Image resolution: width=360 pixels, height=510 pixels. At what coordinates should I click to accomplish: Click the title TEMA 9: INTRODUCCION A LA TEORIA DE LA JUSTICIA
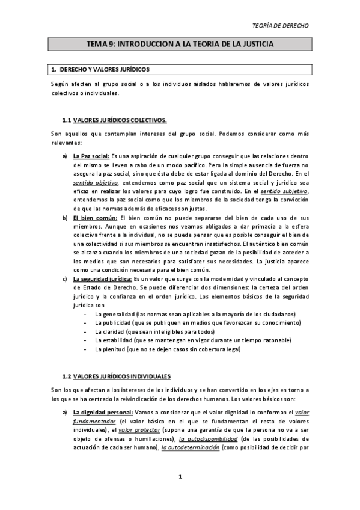180,45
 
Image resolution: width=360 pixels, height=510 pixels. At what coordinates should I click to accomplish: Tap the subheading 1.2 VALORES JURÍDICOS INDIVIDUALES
122,377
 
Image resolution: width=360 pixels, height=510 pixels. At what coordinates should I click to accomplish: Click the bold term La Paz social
91,156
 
